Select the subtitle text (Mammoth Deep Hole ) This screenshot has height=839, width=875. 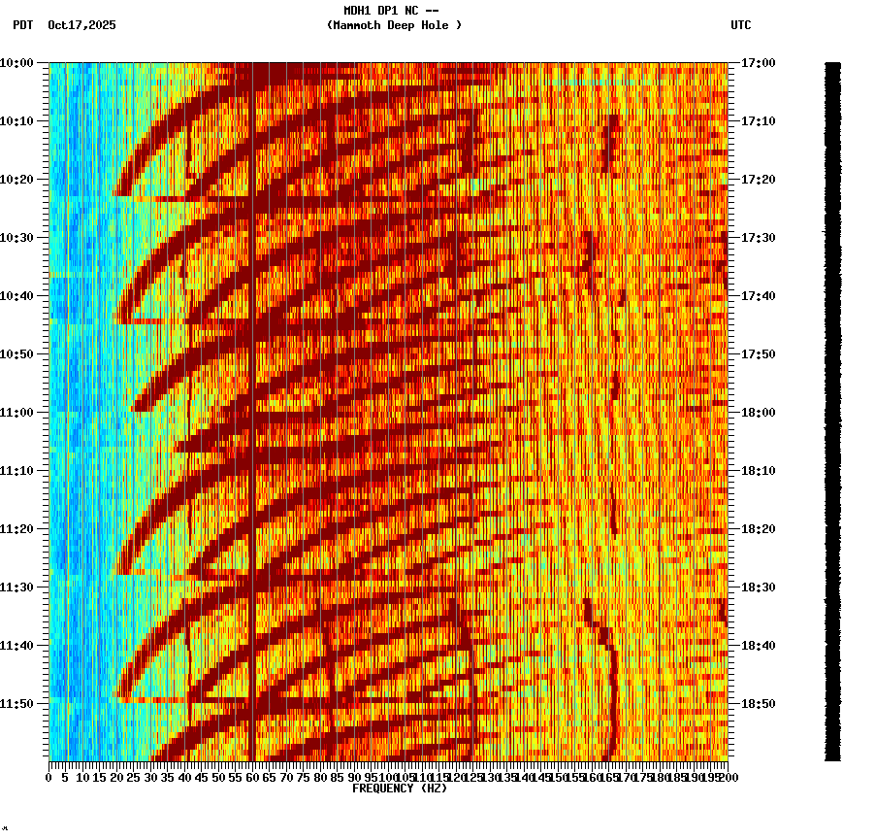394,25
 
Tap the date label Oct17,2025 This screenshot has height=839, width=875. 81,25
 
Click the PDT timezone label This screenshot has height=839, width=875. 22,25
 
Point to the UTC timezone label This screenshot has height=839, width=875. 741,25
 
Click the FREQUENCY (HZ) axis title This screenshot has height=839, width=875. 400,789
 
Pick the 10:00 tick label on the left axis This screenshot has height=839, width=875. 16,63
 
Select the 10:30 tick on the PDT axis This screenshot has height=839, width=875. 16,238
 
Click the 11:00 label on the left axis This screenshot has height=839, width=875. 16,413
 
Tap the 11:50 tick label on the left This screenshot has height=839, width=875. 16,704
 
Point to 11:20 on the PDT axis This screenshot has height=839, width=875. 16,529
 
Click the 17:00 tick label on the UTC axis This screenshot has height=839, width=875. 758,63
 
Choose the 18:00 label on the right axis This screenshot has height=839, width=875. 758,413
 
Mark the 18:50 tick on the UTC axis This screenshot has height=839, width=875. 758,704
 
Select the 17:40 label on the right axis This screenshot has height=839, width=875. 758,296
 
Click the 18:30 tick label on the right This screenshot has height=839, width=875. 758,587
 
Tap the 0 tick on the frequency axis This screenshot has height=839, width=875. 49,778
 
